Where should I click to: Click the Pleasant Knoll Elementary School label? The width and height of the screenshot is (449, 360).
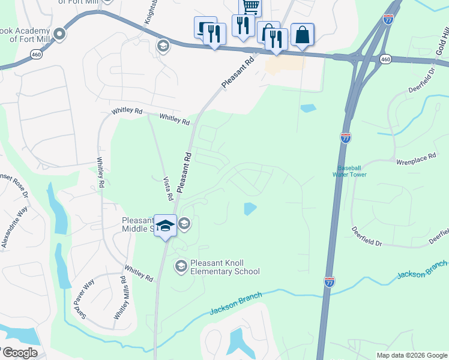[224, 267]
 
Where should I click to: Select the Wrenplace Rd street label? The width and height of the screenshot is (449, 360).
[415, 162]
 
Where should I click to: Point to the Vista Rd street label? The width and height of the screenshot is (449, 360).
[169, 188]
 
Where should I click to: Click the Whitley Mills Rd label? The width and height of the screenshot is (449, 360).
[121, 298]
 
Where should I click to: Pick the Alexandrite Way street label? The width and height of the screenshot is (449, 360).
[15, 227]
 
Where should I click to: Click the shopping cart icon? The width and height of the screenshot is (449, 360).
[250, 7]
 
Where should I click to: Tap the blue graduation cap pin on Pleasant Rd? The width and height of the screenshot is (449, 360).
[165, 226]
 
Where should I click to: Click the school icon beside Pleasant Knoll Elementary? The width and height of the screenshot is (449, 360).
[181, 265]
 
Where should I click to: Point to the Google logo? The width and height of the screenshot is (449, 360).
[19, 353]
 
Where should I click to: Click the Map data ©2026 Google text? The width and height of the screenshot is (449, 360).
[411, 355]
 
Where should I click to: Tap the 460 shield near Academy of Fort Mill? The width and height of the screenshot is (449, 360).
[36, 55]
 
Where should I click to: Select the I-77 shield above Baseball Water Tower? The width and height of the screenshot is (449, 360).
[345, 138]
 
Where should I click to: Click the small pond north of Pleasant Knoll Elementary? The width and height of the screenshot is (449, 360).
[250, 209]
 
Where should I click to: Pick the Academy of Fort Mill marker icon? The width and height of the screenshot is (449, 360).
[59, 34]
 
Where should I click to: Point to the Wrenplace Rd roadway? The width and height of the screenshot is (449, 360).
[384, 161]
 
